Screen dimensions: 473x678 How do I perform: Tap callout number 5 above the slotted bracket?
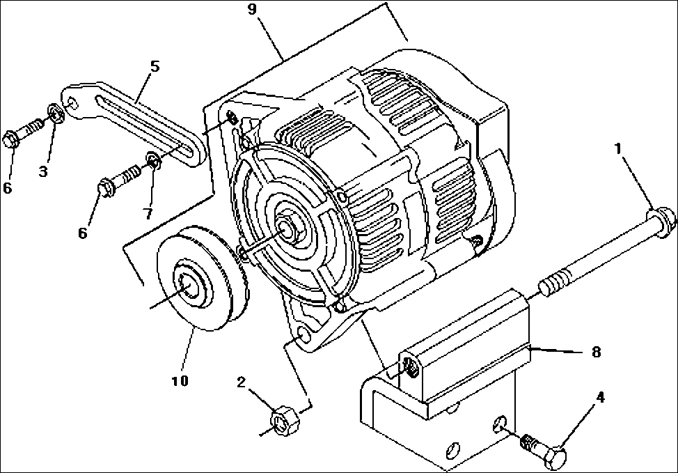[155, 66]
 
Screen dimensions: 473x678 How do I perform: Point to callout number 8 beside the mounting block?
[595, 352]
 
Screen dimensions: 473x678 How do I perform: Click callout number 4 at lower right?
[599, 398]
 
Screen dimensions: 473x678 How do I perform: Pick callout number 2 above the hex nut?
[241, 382]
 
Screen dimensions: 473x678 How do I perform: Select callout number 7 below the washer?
[148, 212]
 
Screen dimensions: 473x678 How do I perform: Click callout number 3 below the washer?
[44, 170]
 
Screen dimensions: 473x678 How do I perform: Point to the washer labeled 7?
[154, 164]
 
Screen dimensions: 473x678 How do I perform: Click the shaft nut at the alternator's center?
[287, 226]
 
